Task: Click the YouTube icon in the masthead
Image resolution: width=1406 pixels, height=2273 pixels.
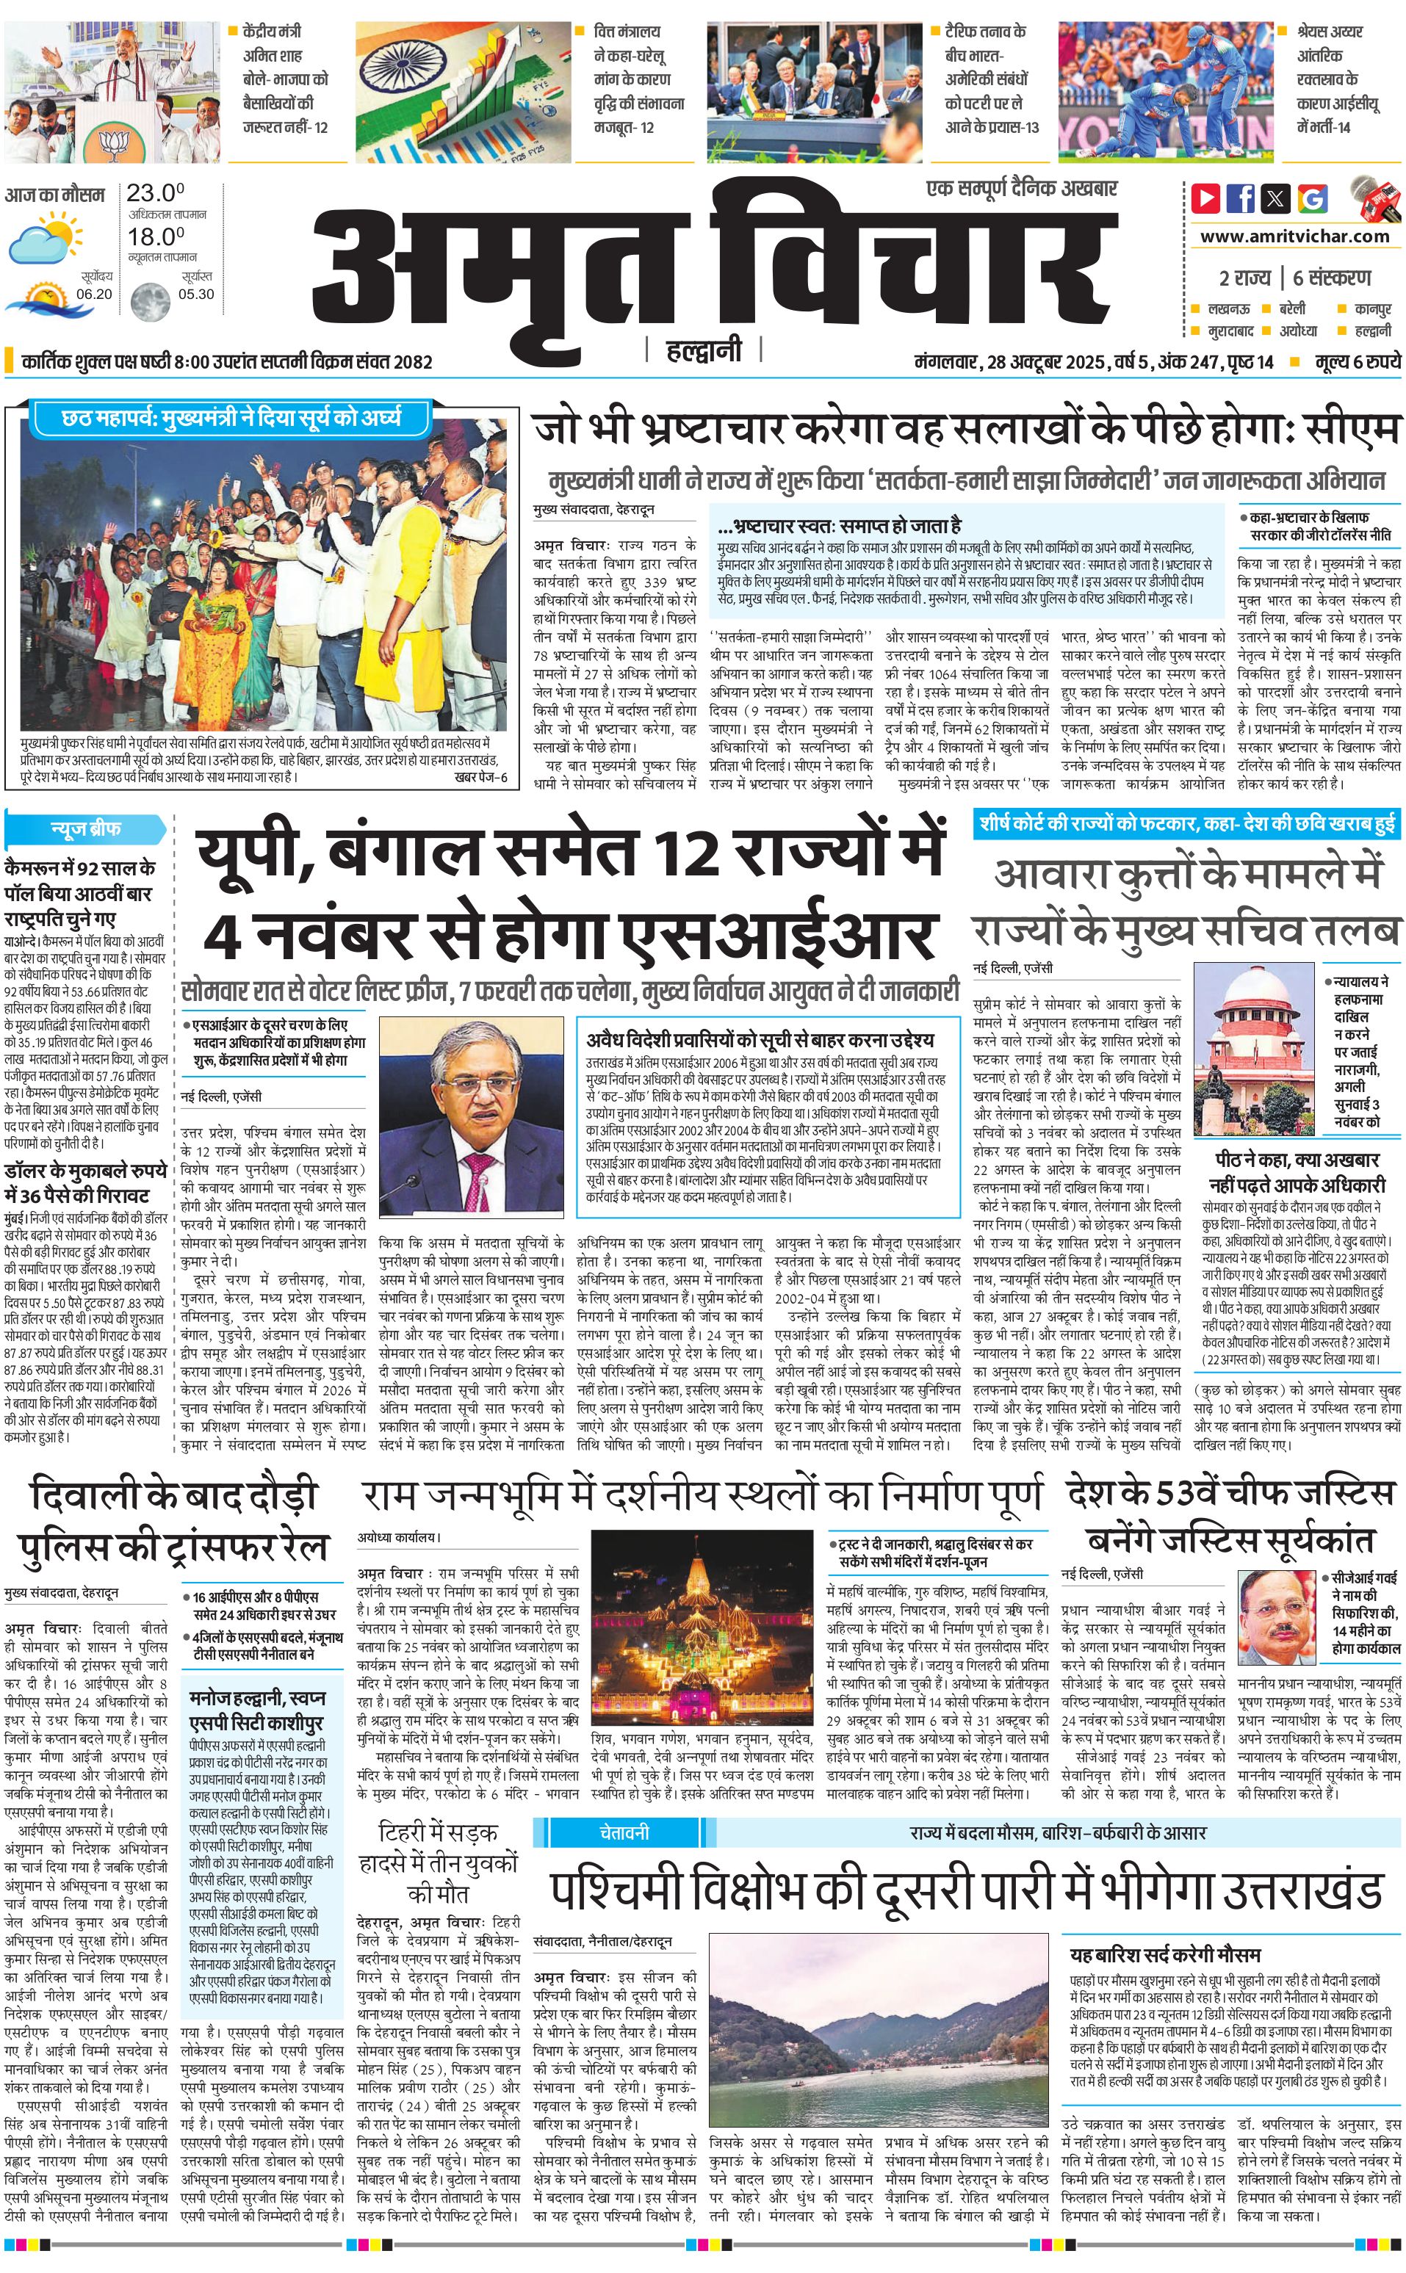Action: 1205,198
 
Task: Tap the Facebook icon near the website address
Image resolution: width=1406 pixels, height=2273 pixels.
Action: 1241,198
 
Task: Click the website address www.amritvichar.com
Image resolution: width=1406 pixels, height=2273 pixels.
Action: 1294,236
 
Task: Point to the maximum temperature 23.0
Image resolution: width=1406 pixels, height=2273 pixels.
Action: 155,193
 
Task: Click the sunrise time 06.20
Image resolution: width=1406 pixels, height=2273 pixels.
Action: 94,294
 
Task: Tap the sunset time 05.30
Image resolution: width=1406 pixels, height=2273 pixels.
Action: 195,294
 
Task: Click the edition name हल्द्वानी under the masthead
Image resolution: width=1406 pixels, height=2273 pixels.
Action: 704,350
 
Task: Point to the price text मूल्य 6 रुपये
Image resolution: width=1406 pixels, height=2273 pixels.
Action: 1357,361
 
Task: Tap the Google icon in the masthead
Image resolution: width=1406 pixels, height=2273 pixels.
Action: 1312,198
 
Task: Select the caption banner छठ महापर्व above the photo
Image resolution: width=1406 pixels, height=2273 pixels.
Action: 231,419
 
